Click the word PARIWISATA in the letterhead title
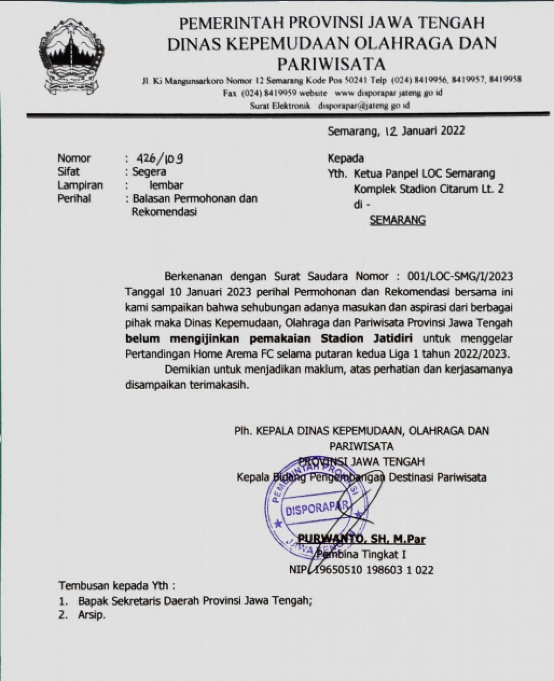point(332,64)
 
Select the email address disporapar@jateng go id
point(364,105)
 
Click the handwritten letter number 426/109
point(160,159)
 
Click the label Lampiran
point(80,185)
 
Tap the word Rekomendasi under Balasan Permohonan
point(164,212)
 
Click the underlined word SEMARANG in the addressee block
point(398,221)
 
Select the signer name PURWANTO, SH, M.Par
point(361,539)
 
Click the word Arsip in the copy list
point(91,615)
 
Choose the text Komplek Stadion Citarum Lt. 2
point(428,189)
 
